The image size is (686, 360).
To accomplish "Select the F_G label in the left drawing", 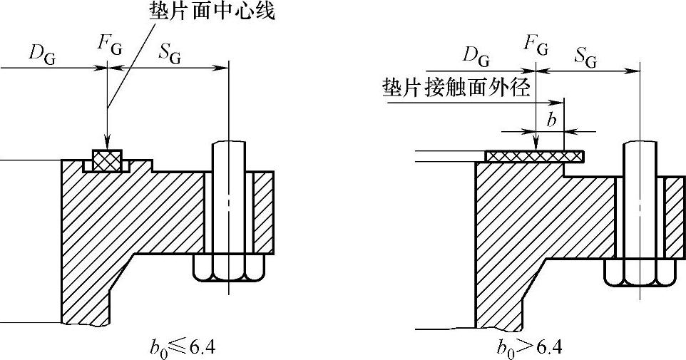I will (109, 44).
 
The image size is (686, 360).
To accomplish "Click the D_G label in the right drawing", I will (477, 54).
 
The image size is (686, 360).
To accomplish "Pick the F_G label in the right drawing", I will (536, 46).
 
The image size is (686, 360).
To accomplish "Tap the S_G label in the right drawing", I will (585, 57).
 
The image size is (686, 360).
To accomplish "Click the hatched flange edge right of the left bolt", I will (263, 212).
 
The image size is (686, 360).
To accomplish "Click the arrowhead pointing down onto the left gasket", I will (106, 143).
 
